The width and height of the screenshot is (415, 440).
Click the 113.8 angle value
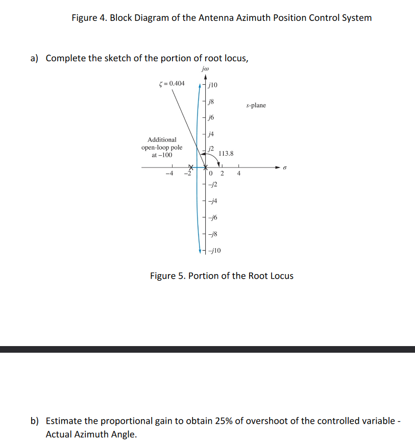coord(226,153)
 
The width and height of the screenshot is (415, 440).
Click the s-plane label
coord(256,105)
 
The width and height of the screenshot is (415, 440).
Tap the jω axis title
coord(205,69)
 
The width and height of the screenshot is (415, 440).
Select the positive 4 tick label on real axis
coord(238,174)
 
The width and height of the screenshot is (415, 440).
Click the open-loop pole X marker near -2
coord(191,167)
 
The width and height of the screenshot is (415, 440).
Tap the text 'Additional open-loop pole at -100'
coord(162,147)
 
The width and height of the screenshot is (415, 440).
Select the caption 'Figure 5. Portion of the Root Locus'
coord(222,276)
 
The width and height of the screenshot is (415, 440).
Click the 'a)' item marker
coord(35,58)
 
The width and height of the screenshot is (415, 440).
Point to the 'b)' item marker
coord(35,421)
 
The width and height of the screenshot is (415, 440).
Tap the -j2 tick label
coord(213,184)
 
